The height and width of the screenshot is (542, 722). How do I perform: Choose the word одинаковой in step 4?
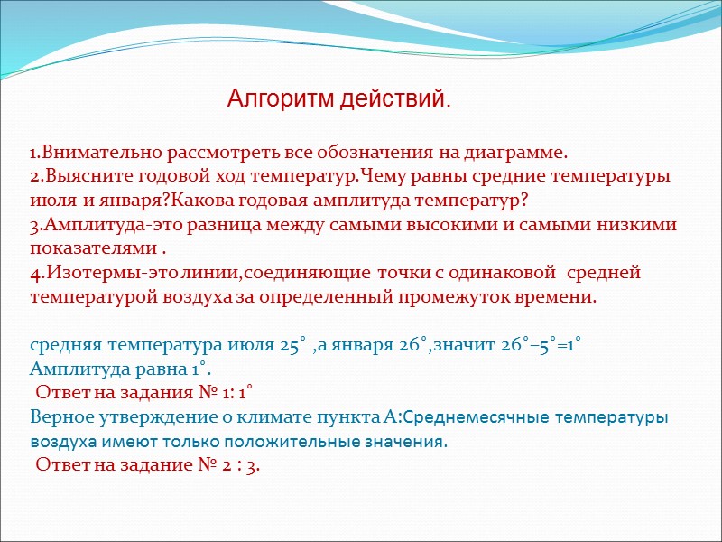coord(485,273)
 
